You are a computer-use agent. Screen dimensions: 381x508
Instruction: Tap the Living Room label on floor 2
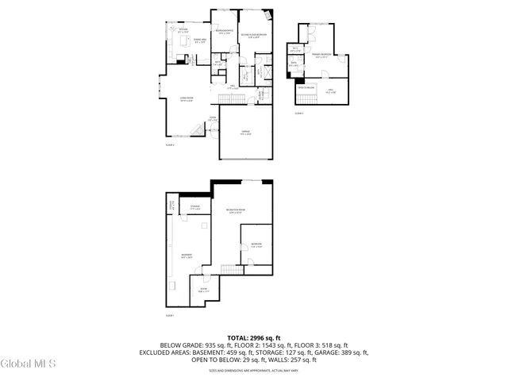pyautogui.click(x=187, y=99)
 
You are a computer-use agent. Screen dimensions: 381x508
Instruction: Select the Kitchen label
pyautogui.click(x=183, y=31)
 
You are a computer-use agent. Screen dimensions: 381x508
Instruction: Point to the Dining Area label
pyautogui.click(x=190, y=40)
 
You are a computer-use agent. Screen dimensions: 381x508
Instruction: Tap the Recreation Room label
pyautogui.click(x=234, y=210)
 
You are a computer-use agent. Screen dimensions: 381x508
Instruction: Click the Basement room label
pyautogui.click(x=187, y=256)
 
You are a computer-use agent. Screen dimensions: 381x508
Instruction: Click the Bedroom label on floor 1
pyautogui.click(x=256, y=245)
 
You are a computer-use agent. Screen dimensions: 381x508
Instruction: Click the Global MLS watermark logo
pyautogui.click(x=29, y=364)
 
